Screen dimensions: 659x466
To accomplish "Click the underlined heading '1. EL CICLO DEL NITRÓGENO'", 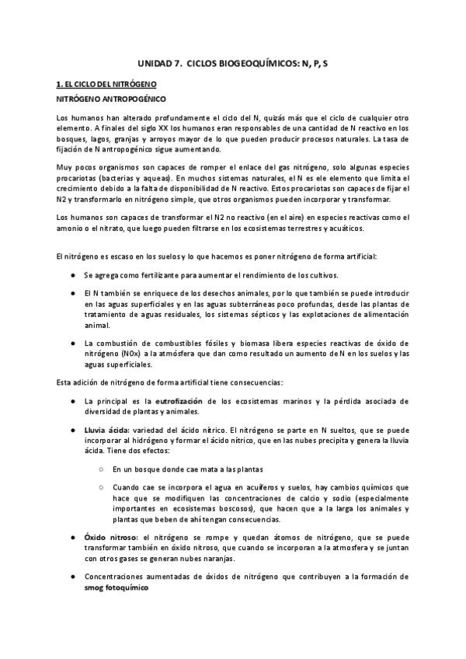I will [107, 83].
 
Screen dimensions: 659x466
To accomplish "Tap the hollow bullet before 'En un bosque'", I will [103, 469].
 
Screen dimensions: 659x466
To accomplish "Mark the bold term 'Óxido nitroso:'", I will [109, 537].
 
